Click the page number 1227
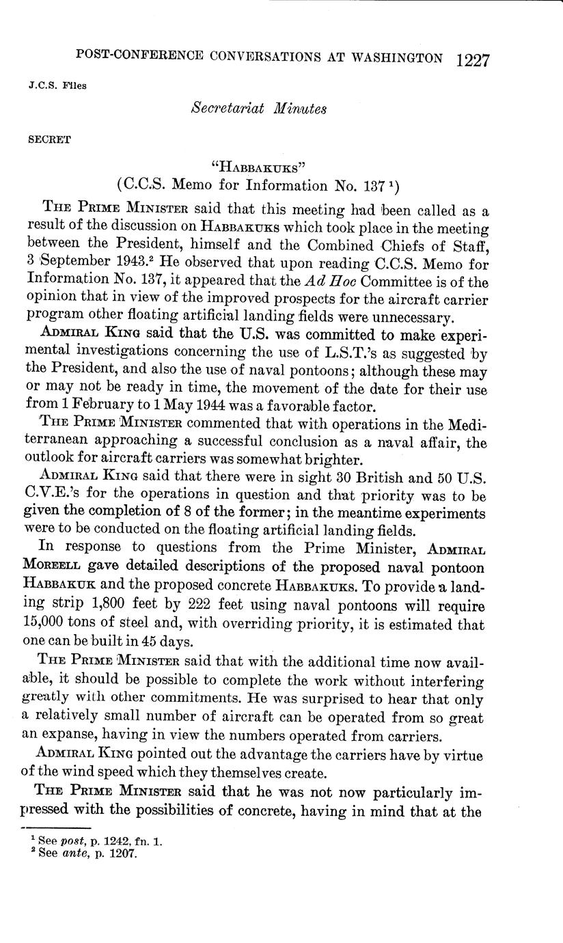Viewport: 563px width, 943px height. pyautogui.click(x=473, y=59)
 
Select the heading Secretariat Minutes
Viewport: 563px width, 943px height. pyautogui.click(x=258, y=108)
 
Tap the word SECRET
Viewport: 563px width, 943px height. pyautogui.click(x=49, y=139)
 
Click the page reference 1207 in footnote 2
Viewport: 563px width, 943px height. pyautogui.click(x=122, y=853)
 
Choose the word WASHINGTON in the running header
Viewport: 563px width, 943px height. pyautogui.click(x=396, y=59)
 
